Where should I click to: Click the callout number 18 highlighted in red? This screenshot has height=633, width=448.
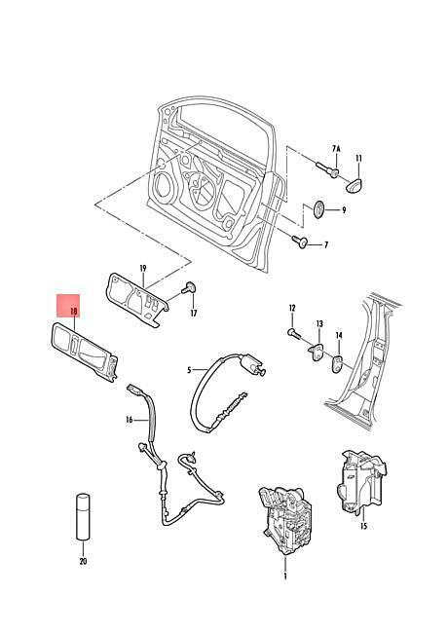pyautogui.click(x=73, y=312)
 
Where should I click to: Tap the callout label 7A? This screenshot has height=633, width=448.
pyautogui.click(x=336, y=149)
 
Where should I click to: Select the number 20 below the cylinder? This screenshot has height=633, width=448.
pyautogui.click(x=83, y=561)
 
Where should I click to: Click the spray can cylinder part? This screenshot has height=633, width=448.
pyautogui.click(x=83, y=516)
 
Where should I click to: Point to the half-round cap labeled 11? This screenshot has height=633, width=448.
pyautogui.click(x=355, y=184)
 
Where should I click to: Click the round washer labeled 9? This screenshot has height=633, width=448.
pyautogui.click(x=319, y=209)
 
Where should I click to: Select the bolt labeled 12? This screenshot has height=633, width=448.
pyautogui.click(x=294, y=333)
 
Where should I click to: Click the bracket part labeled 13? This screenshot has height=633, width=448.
pyautogui.click(x=317, y=352)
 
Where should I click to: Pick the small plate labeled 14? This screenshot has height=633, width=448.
pyautogui.click(x=337, y=364)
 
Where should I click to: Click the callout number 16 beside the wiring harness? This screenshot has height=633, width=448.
pyautogui.click(x=130, y=420)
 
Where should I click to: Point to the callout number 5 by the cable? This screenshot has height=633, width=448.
pyautogui.click(x=189, y=370)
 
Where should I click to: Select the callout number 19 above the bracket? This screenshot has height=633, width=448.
pyautogui.click(x=143, y=268)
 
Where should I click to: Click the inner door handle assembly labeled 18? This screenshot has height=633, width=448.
pyautogui.click(x=84, y=351)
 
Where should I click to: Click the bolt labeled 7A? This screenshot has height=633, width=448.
pyautogui.click(x=328, y=170)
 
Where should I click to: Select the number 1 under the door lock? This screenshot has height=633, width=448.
pyautogui.click(x=285, y=577)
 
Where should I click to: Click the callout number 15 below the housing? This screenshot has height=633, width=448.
pyautogui.click(x=363, y=526)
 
